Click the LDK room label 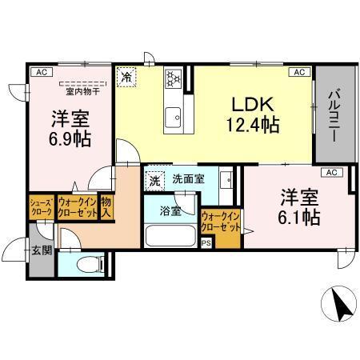coord(254,104)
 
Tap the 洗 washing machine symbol coord(154,180)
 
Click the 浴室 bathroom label coord(170,211)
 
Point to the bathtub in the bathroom coord(170,236)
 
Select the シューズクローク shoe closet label coord(41,207)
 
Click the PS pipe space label coord(206,244)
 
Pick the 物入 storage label coord(107,207)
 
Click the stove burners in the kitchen coord(174,78)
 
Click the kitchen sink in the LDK coord(174,118)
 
